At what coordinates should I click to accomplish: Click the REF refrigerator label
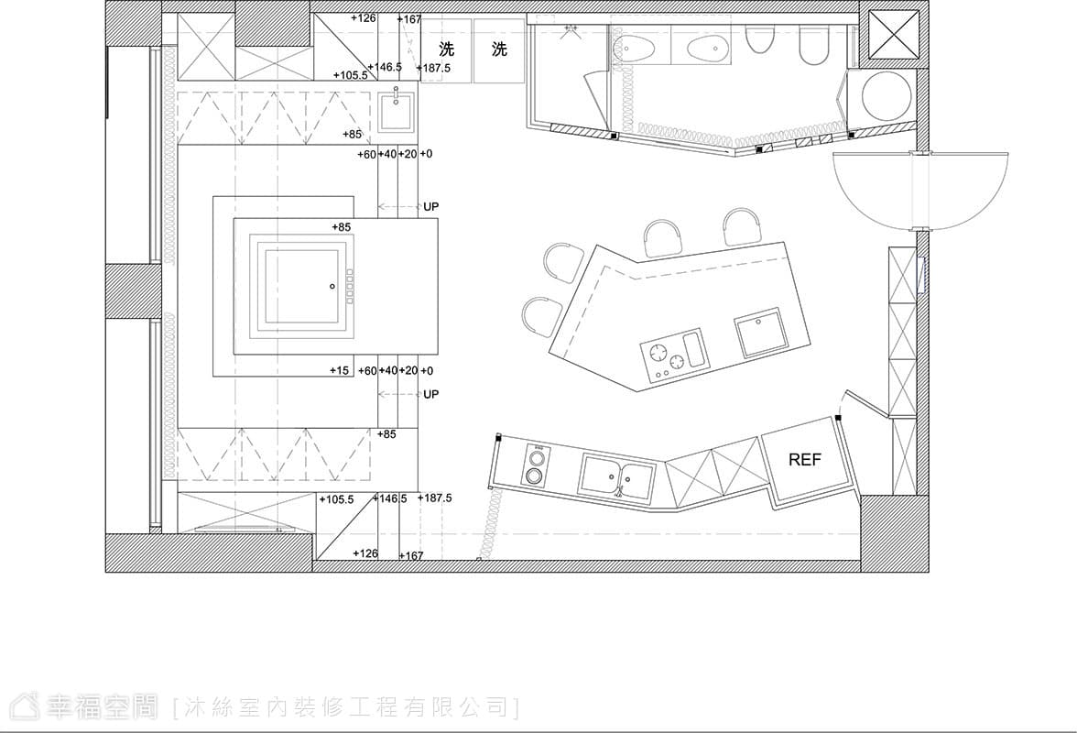coord(804,459)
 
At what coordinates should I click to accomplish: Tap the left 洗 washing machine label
coord(447,49)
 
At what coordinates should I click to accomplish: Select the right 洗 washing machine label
coord(499,49)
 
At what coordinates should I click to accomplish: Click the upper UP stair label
coord(430,206)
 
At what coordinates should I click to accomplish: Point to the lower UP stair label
coord(430,394)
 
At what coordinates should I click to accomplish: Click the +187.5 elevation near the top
coord(433,68)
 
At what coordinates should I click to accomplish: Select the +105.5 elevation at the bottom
coord(337,499)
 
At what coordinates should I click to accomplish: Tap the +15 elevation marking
coord(339,370)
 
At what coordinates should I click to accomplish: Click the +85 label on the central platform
coord(342,226)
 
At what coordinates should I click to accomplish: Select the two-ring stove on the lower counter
coord(536,465)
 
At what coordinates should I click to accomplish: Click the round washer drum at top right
coord(887,94)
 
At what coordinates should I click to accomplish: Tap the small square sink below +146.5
coord(397,112)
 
